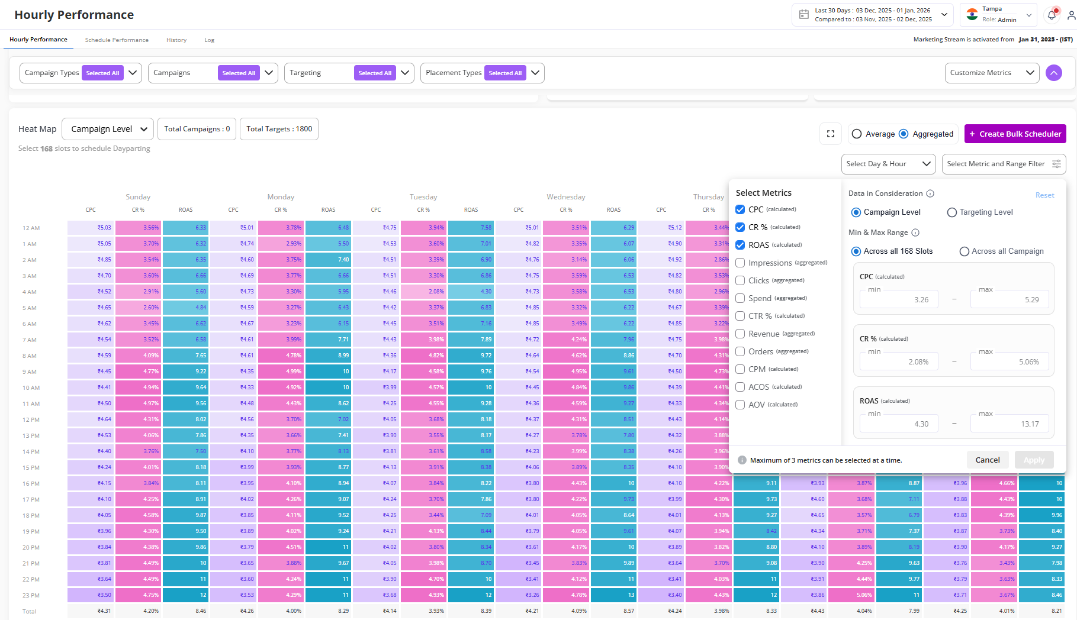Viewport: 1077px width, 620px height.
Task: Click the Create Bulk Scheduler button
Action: tap(1015, 134)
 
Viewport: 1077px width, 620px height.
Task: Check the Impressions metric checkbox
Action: tap(740, 263)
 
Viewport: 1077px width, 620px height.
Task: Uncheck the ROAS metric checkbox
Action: tap(740, 245)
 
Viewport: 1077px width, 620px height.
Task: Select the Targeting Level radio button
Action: tap(952, 212)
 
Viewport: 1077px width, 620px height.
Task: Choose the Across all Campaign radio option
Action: tap(965, 251)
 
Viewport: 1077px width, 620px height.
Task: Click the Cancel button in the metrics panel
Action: tap(987, 460)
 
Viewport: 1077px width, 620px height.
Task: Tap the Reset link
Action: tap(1044, 195)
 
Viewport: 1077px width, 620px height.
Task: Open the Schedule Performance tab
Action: tap(117, 40)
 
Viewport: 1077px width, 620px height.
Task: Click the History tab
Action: tap(176, 40)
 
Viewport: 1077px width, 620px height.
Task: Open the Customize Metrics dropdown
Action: tap(992, 73)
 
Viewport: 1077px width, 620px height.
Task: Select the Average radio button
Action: tap(857, 134)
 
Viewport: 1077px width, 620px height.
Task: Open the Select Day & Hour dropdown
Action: tap(888, 164)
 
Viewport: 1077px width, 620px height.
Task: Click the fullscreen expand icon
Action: tap(831, 134)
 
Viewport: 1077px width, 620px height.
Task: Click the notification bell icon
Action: tap(1052, 15)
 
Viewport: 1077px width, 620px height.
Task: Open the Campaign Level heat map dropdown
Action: tap(108, 129)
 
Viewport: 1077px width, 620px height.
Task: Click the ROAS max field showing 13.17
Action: tap(1009, 424)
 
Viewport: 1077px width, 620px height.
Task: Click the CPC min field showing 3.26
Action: tap(899, 299)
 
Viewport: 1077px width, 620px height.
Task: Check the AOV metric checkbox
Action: tap(740, 405)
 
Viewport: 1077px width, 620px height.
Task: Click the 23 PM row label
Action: tap(31, 596)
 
